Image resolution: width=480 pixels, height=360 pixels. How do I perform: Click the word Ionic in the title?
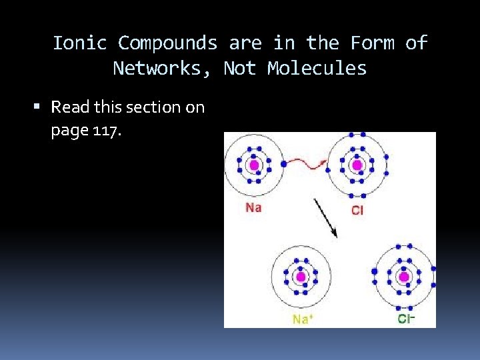pos(79,43)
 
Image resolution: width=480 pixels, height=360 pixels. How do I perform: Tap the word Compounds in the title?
pos(167,43)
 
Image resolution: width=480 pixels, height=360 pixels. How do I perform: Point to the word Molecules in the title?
pos(317,68)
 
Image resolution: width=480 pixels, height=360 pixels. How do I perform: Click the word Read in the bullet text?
pos(70,107)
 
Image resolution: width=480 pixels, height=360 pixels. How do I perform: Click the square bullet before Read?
pos(41,107)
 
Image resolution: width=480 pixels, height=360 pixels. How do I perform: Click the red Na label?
pos(253,207)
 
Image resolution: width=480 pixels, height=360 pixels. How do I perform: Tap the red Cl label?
pos(357,211)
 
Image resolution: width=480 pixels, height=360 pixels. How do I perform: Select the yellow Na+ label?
pos(301,319)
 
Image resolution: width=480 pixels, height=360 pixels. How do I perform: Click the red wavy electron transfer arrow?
pos(305,162)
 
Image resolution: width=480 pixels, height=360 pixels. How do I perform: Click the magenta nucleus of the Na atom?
pos(253,165)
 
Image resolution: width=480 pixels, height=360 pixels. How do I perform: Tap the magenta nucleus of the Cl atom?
pos(357,165)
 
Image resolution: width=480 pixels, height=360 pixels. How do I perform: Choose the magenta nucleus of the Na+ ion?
pos(301,276)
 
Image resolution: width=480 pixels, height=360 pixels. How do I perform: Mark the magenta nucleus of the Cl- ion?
pos(403,276)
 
